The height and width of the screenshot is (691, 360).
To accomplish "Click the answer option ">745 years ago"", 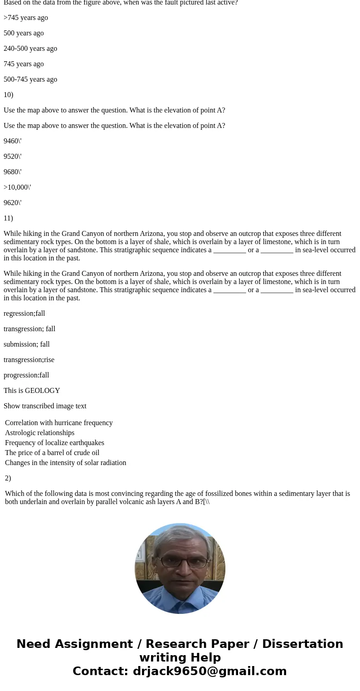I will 26,18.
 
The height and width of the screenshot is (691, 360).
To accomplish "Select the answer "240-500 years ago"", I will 30,49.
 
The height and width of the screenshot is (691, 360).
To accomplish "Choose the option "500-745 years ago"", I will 30,79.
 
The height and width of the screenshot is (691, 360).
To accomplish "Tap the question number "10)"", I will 8,95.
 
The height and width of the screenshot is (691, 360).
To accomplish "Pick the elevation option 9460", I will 12,141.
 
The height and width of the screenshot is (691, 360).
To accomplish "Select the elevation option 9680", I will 12,172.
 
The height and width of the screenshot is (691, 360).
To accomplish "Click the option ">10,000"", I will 17,187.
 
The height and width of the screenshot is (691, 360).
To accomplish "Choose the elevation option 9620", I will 12,203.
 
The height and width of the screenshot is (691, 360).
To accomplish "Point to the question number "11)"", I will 8,218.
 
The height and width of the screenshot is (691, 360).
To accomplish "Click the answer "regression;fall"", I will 24,314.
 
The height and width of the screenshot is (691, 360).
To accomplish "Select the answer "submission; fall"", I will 27,344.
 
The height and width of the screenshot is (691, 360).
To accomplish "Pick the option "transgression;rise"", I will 29,360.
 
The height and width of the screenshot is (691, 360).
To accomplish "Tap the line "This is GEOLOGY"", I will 32,391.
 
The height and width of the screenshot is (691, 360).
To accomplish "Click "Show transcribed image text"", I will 45,406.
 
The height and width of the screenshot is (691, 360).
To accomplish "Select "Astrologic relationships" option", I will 39,433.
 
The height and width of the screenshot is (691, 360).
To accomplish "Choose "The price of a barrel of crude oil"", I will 52,453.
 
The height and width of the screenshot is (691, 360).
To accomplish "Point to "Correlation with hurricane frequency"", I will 58,423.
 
